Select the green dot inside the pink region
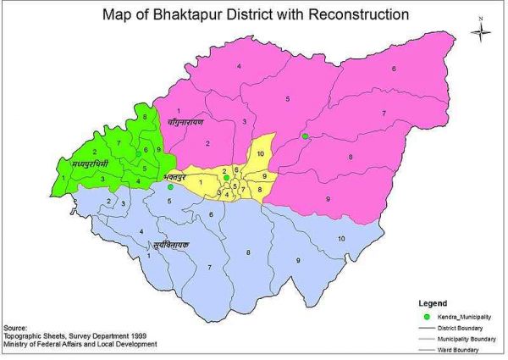point(304,136)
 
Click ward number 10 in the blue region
point(341,240)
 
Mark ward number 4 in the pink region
point(240,66)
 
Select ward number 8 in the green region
point(145,117)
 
